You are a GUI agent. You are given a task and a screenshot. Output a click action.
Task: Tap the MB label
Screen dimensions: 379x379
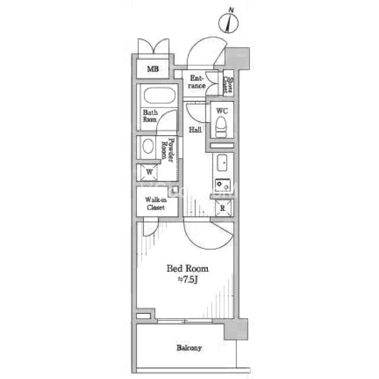(153, 69)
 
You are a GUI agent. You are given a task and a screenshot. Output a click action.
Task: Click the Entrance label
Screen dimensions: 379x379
(197, 82)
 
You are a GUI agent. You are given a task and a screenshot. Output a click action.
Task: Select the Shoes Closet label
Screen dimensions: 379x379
(229, 85)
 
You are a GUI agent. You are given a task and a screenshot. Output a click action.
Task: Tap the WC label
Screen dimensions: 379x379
(221, 111)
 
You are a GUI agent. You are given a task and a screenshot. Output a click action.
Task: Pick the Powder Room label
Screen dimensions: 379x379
(171, 151)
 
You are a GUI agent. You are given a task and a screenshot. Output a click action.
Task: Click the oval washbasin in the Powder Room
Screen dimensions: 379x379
(147, 148)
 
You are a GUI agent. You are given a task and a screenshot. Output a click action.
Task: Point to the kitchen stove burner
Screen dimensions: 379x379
(222, 185)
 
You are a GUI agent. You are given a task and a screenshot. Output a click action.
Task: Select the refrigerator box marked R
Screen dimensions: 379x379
(223, 208)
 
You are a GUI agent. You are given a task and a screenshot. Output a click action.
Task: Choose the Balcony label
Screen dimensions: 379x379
(189, 348)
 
